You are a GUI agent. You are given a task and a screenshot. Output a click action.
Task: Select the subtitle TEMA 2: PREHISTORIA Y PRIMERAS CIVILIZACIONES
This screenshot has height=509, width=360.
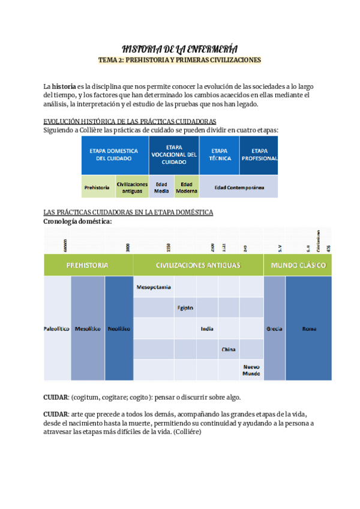180,61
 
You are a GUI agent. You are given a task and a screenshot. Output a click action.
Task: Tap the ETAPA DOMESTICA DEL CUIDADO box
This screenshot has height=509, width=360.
115,155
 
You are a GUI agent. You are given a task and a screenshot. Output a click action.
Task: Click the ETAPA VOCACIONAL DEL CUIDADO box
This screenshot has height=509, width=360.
174,155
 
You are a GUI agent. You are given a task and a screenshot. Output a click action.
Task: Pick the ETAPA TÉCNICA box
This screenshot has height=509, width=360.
220,155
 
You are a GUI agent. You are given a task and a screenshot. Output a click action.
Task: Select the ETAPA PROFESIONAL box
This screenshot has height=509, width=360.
259,155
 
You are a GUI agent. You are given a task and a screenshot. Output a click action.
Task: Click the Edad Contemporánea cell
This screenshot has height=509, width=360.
239,187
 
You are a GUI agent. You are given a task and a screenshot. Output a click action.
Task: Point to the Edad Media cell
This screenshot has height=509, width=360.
161,187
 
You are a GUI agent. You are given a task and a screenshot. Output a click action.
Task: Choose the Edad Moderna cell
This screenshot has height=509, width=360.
187,187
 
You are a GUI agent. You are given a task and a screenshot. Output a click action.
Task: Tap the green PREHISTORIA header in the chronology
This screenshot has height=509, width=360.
88,265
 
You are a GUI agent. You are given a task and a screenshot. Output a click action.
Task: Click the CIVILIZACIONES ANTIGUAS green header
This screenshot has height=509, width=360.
198,265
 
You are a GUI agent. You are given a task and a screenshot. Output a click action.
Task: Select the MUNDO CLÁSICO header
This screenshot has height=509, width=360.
298,265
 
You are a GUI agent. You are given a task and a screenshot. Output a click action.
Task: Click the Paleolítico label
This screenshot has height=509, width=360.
57,329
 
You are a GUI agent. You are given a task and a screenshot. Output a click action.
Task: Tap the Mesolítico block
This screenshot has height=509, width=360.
88,329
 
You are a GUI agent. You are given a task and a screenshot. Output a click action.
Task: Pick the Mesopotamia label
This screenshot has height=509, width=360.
154,287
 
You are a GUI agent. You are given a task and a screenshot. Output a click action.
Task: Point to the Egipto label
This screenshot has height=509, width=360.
185,308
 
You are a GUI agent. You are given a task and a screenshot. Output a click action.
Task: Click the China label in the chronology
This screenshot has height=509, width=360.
228,349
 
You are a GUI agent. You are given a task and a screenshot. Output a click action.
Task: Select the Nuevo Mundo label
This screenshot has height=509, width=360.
251,370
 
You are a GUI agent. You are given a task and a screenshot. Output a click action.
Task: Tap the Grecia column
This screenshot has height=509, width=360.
274,329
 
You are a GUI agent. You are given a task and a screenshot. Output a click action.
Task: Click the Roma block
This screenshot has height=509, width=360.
309,329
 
